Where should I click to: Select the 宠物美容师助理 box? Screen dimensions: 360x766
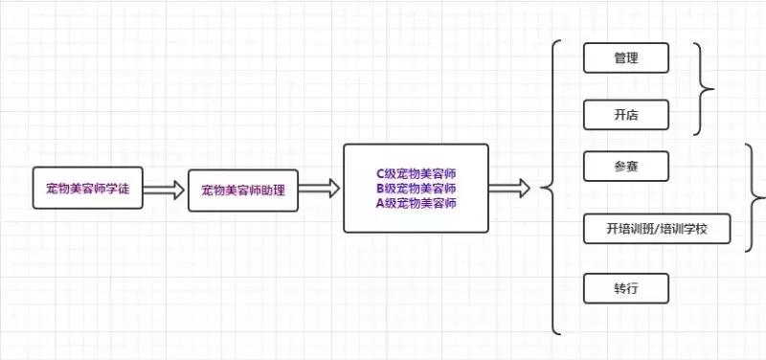point(243,190)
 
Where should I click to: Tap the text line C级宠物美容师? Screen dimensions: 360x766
point(416,174)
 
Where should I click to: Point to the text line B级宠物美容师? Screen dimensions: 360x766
point(416,189)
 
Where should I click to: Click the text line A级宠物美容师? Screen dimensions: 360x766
point(416,203)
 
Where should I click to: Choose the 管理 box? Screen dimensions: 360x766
point(625,58)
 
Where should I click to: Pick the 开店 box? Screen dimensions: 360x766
point(625,115)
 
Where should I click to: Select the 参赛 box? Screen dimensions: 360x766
point(625,166)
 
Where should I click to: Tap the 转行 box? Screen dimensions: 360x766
point(625,289)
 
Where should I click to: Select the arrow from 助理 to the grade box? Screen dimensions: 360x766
point(320,190)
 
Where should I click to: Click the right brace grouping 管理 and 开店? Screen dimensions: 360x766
point(707,89)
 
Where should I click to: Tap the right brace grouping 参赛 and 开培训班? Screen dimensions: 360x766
point(756,198)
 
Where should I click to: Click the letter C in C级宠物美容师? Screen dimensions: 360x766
point(380,174)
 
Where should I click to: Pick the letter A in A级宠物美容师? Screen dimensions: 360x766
point(380,203)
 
